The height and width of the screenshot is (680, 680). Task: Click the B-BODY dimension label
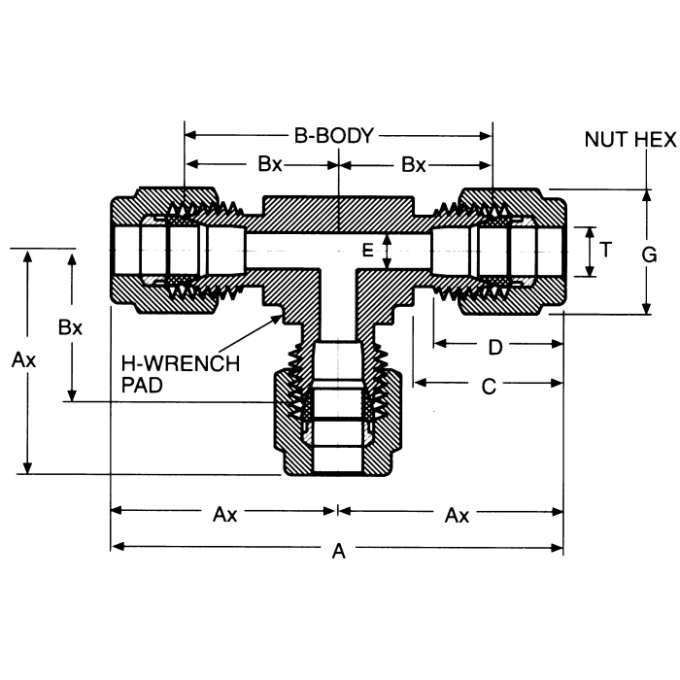[x=333, y=136]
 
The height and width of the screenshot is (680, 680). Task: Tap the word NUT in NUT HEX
[x=607, y=139]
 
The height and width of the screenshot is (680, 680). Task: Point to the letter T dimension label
[x=605, y=250]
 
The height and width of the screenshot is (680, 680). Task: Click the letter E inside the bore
[x=367, y=251]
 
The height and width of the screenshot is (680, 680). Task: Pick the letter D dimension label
[x=494, y=346]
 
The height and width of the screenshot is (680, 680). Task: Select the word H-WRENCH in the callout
[x=179, y=365]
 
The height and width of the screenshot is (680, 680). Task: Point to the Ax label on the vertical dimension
[x=24, y=360]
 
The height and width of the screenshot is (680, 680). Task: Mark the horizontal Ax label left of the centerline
[x=224, y=515]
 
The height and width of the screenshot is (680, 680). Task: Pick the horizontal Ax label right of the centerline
[x=457, y=515]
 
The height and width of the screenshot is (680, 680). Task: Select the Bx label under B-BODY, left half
[x=270, y=164]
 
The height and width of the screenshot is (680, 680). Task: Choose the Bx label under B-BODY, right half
[x=414, y=164]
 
